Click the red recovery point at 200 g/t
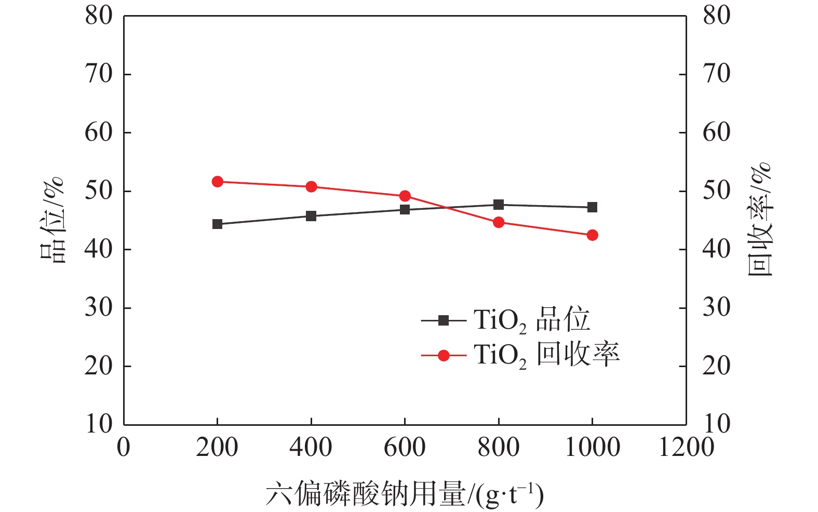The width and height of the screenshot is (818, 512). coord(218,182)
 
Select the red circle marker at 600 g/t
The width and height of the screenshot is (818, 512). coord(405,196)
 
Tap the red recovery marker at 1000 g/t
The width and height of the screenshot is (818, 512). coord(592,235)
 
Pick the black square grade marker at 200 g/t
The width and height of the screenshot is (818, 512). coord(218,224)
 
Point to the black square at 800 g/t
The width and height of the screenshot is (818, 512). coord(499,205)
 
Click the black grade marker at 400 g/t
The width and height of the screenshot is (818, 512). coord(311,216)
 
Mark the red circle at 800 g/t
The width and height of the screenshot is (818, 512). coord(499,223)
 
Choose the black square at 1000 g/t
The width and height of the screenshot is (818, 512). coord(592,207)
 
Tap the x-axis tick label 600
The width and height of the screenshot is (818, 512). coord(405,448)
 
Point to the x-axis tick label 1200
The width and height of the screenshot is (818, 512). coord(686,448)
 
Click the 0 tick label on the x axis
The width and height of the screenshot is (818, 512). coord(124,448)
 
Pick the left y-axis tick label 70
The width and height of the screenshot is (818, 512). coord(99,74)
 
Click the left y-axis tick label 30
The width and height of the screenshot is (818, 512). coord(99,308)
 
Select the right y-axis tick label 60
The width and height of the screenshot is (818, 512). coord(717,133)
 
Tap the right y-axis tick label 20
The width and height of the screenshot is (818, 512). coord(717,367)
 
